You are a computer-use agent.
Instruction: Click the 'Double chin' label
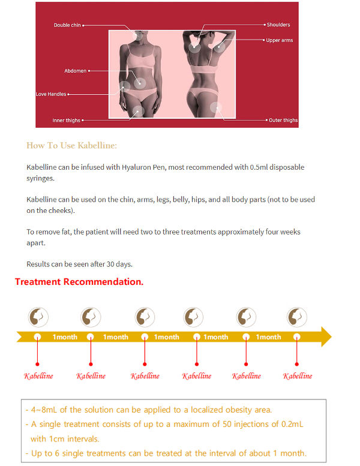pos(67,25)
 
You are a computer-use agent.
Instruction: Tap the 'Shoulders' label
pos(278,25)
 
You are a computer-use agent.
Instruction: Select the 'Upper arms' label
pos(280,40)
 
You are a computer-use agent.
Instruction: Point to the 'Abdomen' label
pos(76,71)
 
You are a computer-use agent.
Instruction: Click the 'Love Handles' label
pos(51,94)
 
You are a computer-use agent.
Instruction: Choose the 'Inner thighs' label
pos(66,121)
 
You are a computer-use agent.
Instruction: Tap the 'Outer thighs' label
pos(283,121)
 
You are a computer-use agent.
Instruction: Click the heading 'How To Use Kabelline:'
pos(71,145)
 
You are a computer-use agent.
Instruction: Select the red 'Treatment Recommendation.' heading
pos(79,281)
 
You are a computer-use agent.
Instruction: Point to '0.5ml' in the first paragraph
pos(259,167)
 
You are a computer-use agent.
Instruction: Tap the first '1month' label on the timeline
pos(65,337)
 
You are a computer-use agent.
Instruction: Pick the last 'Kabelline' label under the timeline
pos(298,376)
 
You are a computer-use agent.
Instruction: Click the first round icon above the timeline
pos(39,317)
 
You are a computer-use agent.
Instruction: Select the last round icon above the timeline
pos(297,317)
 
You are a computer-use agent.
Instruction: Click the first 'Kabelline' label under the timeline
pos(38,376)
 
